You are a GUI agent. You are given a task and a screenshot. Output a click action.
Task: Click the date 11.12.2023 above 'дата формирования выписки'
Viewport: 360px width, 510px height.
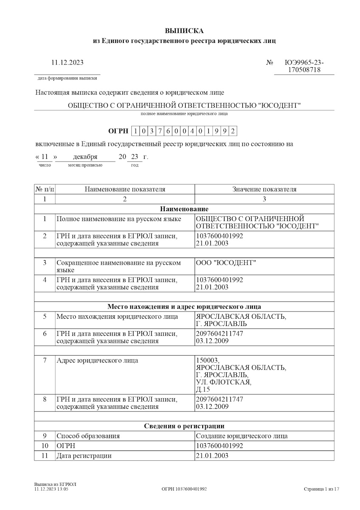pyautogui.click(x=67, y=63)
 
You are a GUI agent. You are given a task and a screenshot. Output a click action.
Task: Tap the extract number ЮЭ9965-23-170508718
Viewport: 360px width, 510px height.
pyautogui.click(x=303, y=66)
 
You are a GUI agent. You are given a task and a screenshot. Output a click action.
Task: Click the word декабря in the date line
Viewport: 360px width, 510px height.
pyautogui.click(x=85, y=157)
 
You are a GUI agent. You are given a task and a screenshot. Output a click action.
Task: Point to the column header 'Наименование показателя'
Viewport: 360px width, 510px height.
pyautogui.click(x=125, y=190)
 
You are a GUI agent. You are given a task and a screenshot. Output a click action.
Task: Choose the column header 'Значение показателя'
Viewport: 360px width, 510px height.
pyautogui.click(x=264, y=190)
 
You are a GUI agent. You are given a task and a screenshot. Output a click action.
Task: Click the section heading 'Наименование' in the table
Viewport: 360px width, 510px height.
pyautogui.click(x=184, y=209)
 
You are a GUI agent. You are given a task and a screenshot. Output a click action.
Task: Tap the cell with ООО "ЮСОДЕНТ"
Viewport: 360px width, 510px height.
pyautogui.click(x=226, y=263)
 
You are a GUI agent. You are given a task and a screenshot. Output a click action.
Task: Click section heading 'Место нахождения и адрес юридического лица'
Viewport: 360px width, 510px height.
pyautogui.click(x=184, y=306)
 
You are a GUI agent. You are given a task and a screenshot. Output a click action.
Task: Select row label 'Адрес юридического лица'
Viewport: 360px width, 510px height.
pyautogui.click(x=97, y=361)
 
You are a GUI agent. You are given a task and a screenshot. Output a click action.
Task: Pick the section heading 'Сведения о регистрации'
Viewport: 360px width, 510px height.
pyautogui.click(x=184, y=426)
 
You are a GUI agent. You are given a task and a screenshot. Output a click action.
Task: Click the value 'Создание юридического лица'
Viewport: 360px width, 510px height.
pyautogui.click(x=241, y=436)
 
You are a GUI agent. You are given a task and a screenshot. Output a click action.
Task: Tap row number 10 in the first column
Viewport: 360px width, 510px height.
pyautogui.click(x=45, y=446)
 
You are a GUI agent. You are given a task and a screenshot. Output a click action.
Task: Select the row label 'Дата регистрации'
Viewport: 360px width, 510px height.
pyautogui.click(x=84, y=456)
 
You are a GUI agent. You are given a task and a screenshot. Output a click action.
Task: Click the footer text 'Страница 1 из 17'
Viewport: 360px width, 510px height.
pyautogui.click(x=321, y=489)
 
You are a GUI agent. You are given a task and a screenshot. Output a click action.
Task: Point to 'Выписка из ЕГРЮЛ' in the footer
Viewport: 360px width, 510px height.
pyautogui.click(x=55, y=484)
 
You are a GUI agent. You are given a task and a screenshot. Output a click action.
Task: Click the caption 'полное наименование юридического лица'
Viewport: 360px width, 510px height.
pyautogui.click(x=184, y=114)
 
